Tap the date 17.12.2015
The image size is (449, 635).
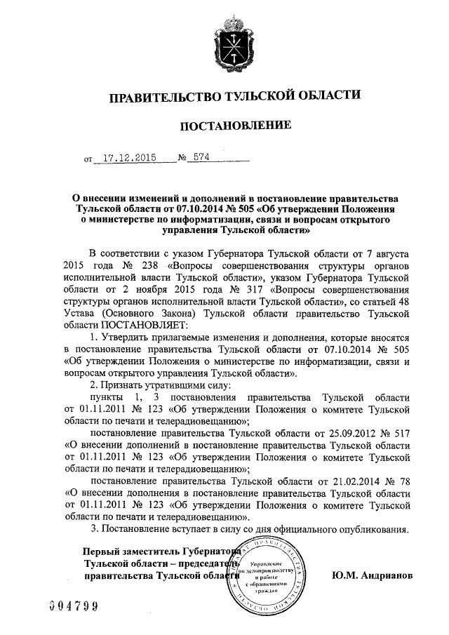(124, 158)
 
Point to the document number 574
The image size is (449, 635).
(201, 158)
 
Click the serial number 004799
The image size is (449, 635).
(71, 606)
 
